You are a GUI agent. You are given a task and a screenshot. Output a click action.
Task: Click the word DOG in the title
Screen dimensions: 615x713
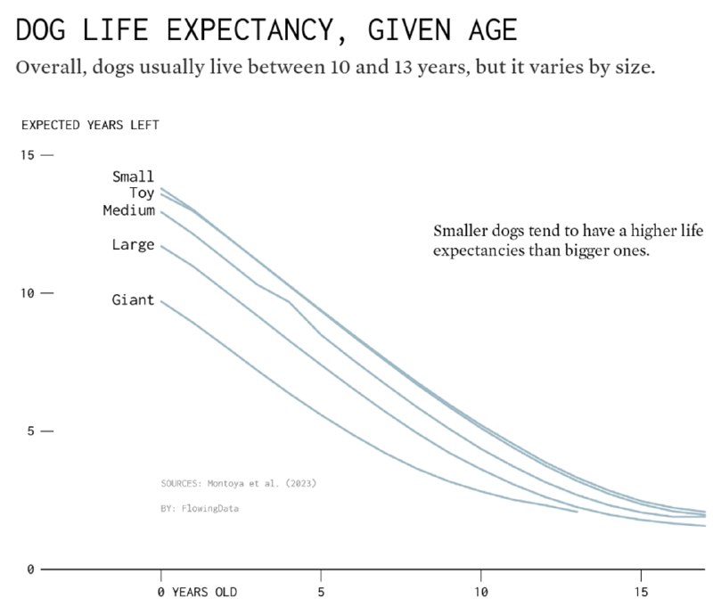point(44,30)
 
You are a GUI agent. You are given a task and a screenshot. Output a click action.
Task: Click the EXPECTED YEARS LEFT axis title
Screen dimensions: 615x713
point(90,125)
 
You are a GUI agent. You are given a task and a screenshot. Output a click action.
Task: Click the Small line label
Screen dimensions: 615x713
point(133,176)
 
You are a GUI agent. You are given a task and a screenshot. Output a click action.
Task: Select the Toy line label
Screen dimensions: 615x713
point(141,193)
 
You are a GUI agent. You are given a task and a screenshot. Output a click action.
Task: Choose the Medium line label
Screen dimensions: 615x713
point(128,210)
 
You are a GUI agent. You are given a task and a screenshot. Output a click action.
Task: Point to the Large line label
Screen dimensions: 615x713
point(133,244)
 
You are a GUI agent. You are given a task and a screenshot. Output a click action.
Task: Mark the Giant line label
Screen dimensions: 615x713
point(133,300)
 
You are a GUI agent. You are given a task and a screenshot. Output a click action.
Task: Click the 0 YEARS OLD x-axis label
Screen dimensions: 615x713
point(197,592)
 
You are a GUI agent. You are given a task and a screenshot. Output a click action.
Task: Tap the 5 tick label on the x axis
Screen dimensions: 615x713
point(321,592)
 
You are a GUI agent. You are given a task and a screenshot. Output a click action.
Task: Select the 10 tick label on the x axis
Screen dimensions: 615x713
point(481,592)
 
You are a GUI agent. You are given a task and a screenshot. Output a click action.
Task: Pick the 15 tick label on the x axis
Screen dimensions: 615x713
point(642,592)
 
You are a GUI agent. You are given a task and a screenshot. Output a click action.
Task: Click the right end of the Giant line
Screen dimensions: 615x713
point(577,512)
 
